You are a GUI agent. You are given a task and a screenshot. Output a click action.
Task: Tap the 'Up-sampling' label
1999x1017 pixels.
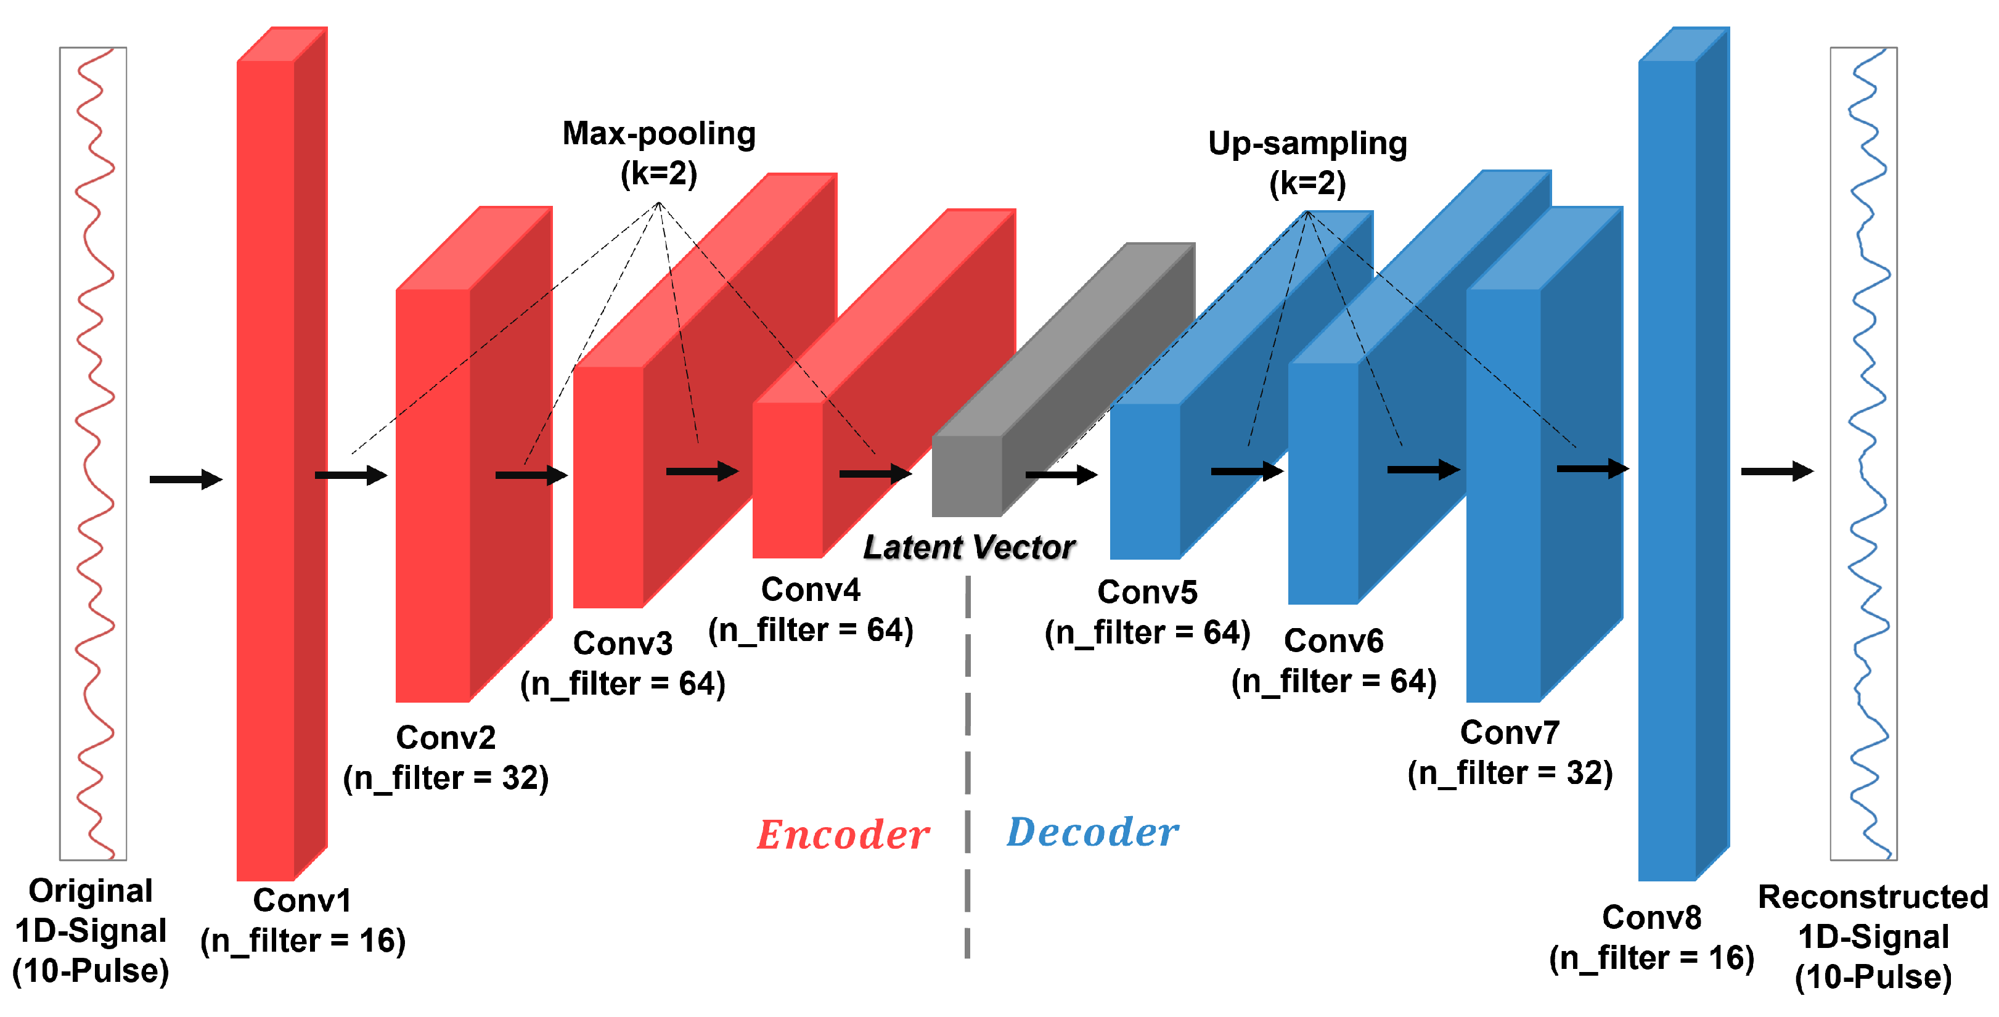point(1307,144)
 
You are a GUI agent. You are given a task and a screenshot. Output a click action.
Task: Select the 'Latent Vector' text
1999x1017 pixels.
point(969,548)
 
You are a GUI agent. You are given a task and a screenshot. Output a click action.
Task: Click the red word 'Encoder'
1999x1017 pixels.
point(843,835)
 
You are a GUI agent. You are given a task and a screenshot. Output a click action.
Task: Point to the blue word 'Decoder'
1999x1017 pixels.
point(1093,832)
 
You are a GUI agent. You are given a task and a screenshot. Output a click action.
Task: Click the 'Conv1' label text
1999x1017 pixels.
point(302,901)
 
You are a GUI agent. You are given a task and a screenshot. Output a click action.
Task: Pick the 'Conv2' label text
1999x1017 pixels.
point(446,738)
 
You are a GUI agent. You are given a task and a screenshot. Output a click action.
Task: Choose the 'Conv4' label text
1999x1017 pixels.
point(810,590)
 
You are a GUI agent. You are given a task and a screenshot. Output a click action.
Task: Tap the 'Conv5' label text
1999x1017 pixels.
point(1147,593)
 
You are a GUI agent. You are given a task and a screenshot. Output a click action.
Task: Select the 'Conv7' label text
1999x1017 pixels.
point(1510,733)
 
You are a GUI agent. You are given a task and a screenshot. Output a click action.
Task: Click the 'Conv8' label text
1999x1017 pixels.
point(1651,918)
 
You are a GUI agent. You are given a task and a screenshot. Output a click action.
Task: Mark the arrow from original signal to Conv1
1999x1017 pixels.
point(186,480)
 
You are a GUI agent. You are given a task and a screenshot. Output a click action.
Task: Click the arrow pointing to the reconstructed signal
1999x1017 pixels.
point(1777,471)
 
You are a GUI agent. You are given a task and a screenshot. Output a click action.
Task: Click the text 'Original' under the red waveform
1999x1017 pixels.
point(91,891)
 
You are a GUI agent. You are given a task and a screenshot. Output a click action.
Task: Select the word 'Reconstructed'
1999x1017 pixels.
point(1873,897)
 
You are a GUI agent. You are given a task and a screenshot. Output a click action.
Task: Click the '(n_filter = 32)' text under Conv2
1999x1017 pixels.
point(446,778)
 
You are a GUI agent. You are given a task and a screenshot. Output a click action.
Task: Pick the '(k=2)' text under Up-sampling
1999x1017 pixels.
point(1307,184)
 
